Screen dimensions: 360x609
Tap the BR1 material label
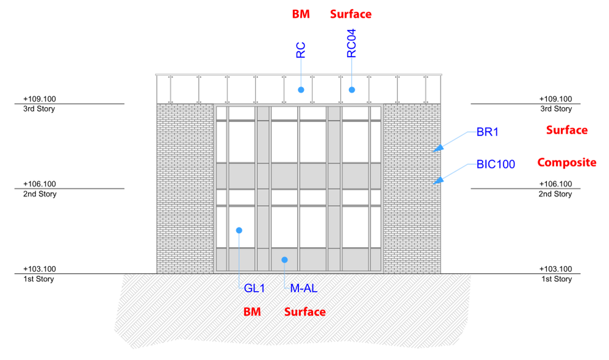pyautogui.click(x=487, y=132)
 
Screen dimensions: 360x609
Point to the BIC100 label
pyautogui.click(x=495, y=164)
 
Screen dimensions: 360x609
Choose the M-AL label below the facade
pyautogui.click(x=303, y=289)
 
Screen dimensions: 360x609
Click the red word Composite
pyautogui.click(x=566, y=162)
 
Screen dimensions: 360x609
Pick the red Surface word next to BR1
pyautogui.click(x=566, y=130)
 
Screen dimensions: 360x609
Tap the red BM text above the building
pyautogui.click(x=301, y=14)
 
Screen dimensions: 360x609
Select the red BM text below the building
pyautogui.click(x=252, y=312)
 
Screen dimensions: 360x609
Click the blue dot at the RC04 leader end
pyautogui.click(x=351, y=90)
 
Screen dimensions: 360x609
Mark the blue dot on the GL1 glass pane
pyautogui.click(x=239, y=230)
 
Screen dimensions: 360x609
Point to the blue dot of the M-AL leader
pyautogui.click(x=284, y=260)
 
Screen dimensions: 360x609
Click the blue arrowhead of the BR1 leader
pyautogui.click(x=438, y=149)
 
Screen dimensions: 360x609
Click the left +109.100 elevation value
pyautogui.click(x=40, y=98)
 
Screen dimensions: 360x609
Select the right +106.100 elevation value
pyautogui.click(x=556, y=184)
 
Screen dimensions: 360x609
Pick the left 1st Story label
pyautogui.click(x=38, y=279)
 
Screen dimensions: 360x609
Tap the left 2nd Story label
pyautogui.click(x=40, y=194)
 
